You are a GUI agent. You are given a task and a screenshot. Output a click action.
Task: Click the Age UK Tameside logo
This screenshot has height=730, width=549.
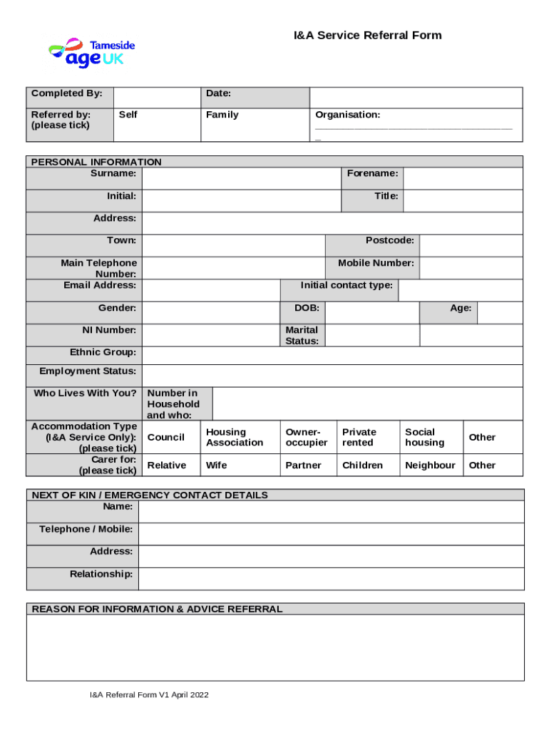coord(91,53)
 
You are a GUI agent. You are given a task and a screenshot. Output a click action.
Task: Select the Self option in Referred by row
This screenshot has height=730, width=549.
coord(128,115)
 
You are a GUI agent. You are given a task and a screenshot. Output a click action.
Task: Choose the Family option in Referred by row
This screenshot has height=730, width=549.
coord(222,115)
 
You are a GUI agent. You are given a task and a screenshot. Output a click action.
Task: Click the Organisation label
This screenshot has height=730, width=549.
coord(348,115)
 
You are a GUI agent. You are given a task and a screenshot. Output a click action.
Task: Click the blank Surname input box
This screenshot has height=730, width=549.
coord(241,178)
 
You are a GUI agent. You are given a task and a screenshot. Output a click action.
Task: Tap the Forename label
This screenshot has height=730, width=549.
coord(372,173)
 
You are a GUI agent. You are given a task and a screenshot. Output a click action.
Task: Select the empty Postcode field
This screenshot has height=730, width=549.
coord(471,245)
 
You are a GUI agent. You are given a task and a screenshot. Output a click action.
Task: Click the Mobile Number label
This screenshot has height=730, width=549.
coord(376,263)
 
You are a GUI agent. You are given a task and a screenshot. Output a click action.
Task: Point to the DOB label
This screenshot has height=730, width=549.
coord(307,308)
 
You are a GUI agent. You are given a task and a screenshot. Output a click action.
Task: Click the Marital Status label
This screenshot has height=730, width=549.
coord(302,335)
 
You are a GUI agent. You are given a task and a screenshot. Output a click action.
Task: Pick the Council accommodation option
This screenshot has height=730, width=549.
coord(165,437)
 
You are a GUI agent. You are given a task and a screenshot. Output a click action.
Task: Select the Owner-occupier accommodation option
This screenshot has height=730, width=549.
coord(307,437)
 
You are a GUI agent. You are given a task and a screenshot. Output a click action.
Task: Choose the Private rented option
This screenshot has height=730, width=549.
coord(359,437)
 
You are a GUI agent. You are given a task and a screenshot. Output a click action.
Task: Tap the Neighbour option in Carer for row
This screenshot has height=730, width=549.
coord(430,465)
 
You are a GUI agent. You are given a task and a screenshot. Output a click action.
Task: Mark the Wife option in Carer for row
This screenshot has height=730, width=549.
coord(217,465)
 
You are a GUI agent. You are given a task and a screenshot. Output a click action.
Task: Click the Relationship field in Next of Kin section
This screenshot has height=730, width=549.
coord(331,579)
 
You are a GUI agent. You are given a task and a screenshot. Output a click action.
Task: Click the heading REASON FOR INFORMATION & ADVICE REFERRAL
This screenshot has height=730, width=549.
coord(157,609)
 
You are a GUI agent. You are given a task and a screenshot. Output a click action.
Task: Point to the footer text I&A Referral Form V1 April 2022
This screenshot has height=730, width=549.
coord(148,695)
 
